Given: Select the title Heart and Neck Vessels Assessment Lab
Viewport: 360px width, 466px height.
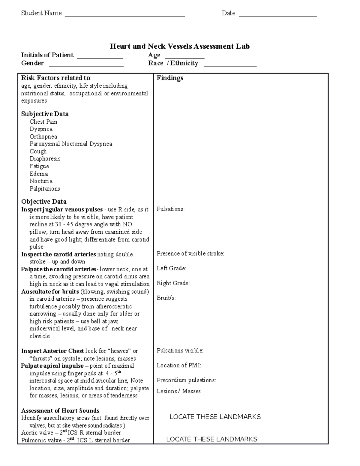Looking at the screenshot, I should pyautogui.click(x=180, y=46).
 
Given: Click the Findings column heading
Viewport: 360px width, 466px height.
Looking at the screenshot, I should pyautogui.click(x=170, y=78).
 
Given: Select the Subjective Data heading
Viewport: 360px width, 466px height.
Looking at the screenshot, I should pyautogui.click(x=45, y=114).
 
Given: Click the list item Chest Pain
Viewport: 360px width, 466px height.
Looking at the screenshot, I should pyautogui.click(x=43, y=122).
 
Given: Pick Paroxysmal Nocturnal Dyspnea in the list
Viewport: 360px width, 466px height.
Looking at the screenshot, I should pyautogui.click(x=71, y=144).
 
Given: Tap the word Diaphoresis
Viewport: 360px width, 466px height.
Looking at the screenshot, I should pyautogui.click(x=45, y=159).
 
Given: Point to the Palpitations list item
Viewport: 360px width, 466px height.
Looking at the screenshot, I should pyautogui.click(x=45, y=189).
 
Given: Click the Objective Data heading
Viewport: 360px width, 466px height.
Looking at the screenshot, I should pyautogui.click(x=44, y=202).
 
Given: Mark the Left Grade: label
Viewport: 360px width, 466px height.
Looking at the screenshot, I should pyautogui.click(x=171, y=269).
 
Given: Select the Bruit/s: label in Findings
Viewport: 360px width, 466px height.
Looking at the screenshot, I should pyautogui.click(x=166, y=298).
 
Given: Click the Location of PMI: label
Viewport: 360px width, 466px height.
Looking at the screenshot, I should pyautogui.click(x=179, y=365).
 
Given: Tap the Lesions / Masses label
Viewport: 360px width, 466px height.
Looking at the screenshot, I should pyautogui.click(x=178, y=391).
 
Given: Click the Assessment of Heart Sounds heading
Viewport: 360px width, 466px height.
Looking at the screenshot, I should pyautogui.click(x=60, y=411).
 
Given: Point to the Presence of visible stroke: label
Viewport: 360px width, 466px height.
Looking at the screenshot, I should pyautogui.click(x=190, y=254).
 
